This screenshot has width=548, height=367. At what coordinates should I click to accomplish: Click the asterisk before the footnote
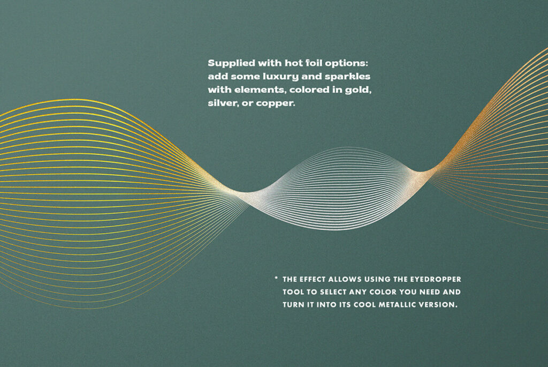coord(276,279)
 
